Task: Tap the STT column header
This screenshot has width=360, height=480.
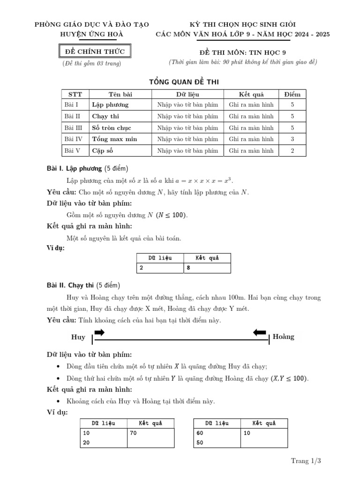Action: point(75,94)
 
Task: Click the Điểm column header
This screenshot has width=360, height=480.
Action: point(292,94)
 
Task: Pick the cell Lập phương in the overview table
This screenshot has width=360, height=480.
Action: point(110,105)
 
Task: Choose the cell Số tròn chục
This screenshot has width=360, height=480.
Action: point(112,127)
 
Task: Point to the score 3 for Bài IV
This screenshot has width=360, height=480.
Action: point(292,139)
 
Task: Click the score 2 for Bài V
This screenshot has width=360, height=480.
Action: point(292,151)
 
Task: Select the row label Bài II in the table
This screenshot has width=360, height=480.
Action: point(72,116)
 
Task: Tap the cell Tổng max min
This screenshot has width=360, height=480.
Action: point(114,139)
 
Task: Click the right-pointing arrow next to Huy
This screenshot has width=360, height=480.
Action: point(99,332)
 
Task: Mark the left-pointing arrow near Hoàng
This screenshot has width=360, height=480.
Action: point(259,332)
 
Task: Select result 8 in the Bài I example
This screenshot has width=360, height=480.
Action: point(188,268)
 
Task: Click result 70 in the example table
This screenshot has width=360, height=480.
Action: point(133,433)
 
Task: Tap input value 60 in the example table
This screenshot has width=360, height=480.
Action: point(200,433)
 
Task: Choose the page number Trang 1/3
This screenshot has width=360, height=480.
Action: point(306,461)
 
